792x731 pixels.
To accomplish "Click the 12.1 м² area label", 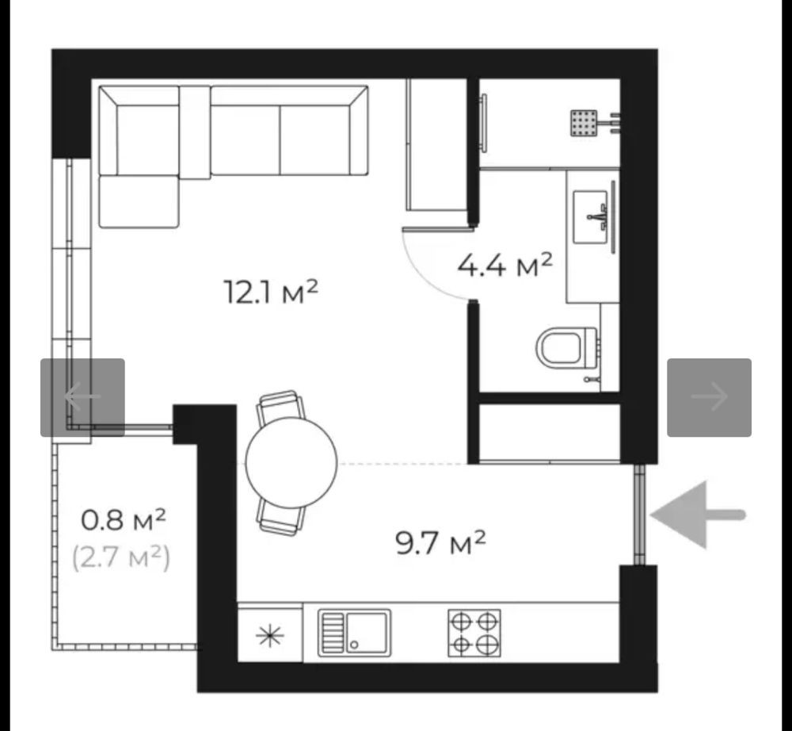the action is click(271, 293).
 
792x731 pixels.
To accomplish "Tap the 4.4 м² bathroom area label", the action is click(505, 265).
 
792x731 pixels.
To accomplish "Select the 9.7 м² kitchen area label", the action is click(440, 542).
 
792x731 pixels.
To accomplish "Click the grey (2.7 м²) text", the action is click(121, 558).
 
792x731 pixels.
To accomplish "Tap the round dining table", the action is click(291, 462).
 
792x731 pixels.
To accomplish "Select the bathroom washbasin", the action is click(590, 217).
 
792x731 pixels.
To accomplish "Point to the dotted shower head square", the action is click(584, 123).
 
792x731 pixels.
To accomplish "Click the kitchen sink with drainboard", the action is click(354, 633).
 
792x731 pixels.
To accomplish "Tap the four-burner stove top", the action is click(474, 633).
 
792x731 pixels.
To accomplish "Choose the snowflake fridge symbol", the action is click(270, 635).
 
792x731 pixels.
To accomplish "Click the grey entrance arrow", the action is click(698, 515).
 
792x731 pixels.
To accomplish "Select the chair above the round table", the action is click(281, 408).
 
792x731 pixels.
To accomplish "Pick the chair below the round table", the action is click(281, 518).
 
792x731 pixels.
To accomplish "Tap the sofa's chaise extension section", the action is click(139, 201).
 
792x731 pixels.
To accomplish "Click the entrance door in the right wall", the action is click(639, 515).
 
